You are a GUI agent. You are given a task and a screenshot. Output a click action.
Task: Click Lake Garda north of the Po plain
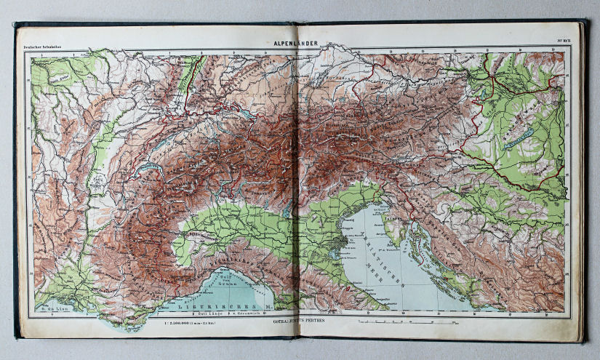(x=291, y=210)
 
